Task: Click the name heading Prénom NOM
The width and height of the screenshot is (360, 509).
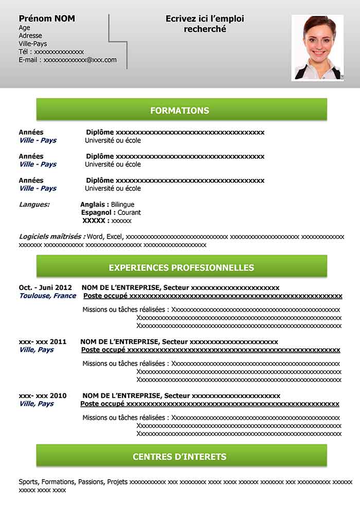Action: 47,19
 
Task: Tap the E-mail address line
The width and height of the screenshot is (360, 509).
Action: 67,60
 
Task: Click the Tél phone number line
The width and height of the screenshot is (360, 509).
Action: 51,52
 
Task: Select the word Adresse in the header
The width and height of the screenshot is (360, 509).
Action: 30,36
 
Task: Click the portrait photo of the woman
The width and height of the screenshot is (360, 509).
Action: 317,47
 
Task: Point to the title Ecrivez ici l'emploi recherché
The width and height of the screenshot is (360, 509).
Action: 205,24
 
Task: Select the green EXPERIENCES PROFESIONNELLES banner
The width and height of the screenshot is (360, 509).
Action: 181,268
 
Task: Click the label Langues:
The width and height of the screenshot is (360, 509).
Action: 34,205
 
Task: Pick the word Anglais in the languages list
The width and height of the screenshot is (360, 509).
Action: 94,205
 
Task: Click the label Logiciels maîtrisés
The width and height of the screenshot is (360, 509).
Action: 51,237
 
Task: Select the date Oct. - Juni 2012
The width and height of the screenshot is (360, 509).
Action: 45,288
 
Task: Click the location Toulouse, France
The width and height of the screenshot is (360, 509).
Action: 47,296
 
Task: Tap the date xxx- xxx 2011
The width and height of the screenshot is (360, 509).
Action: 43,342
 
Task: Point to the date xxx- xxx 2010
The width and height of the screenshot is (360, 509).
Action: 43,396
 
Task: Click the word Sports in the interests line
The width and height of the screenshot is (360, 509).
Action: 28,482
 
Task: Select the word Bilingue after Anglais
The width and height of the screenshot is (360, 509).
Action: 122,205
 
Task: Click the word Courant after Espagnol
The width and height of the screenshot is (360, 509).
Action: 129,212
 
